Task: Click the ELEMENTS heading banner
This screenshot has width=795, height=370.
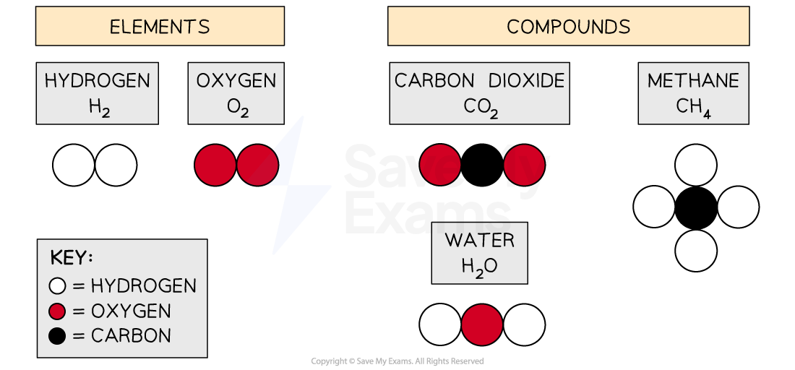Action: [160, 27]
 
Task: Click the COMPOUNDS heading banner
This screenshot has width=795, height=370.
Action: [568, 27]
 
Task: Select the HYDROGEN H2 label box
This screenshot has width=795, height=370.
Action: [98, 93]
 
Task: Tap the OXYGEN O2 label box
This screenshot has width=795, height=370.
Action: [236, 93]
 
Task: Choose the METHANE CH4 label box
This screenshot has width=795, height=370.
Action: [693, 93]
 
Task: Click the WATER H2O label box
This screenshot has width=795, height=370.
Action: [480, 252]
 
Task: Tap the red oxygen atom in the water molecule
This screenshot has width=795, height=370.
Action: [482, 324]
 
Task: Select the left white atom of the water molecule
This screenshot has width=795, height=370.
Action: [440, 324]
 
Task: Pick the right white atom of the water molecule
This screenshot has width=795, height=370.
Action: [524, 324]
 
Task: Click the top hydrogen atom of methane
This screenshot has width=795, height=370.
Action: [696, 165]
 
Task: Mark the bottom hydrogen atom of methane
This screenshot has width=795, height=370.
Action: [696, 251]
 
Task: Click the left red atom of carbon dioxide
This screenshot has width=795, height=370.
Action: [440, 165]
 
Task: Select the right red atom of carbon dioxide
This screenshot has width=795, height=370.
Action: [524, 165]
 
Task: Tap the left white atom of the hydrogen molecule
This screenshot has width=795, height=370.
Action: [74, 165]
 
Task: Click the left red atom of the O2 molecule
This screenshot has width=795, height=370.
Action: [215, 165]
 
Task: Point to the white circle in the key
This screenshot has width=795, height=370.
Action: [58, 286]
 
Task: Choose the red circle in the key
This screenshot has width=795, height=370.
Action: [58, 311]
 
